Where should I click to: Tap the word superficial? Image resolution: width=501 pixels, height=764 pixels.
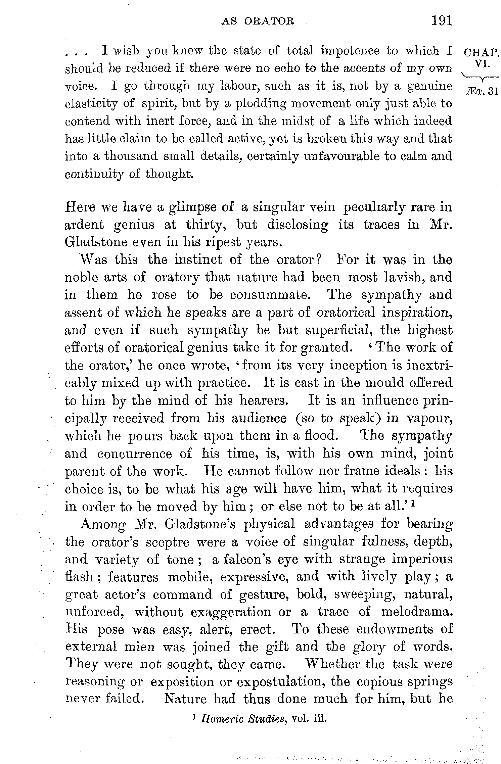pyautogui.click(x=341, y=330)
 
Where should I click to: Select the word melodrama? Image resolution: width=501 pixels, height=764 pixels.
pyautogui.click(x=417, y=612)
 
